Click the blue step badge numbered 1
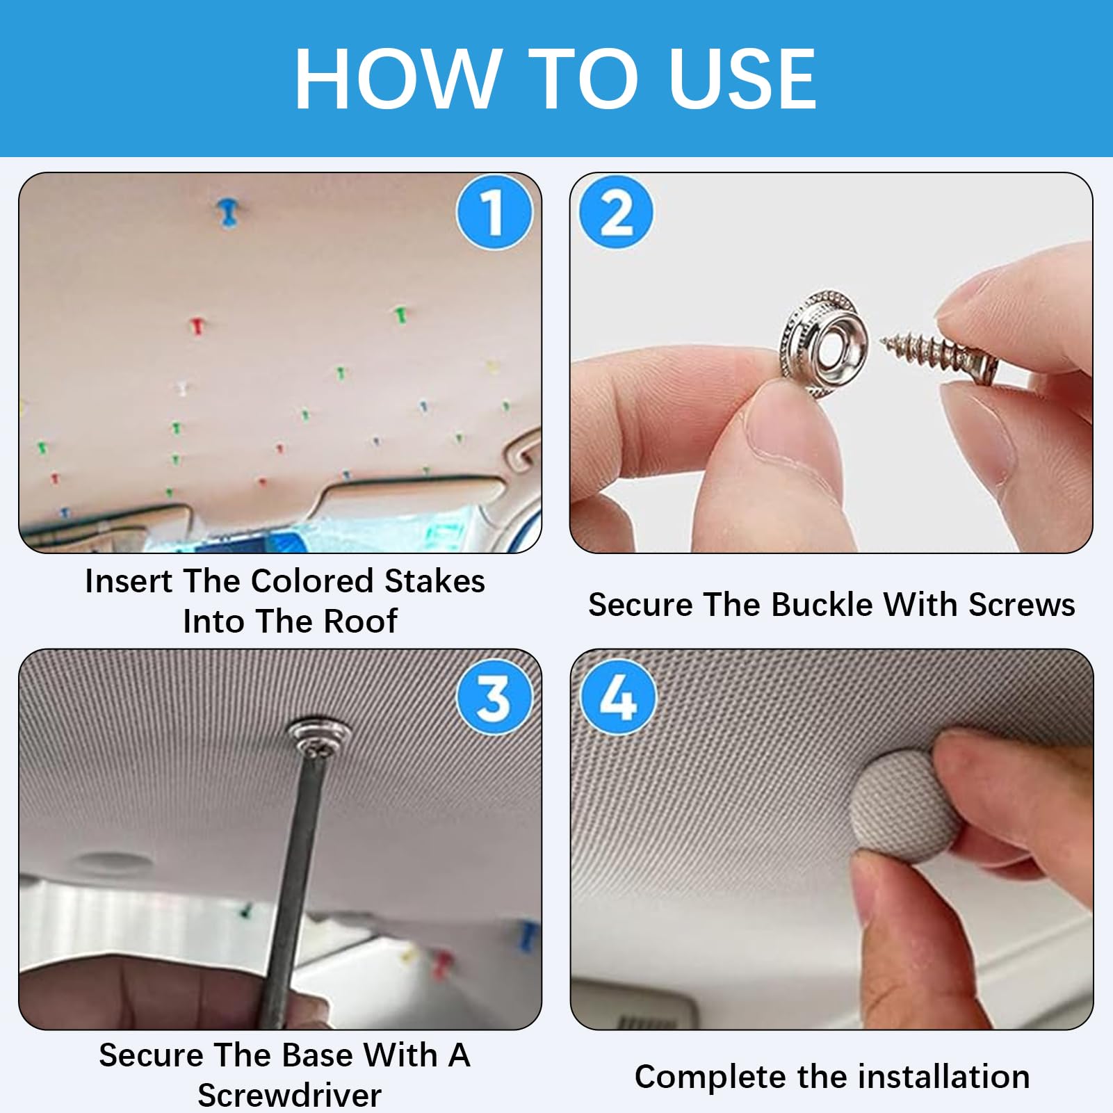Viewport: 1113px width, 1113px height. (x=494, y=212)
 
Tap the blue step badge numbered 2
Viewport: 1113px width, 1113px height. (x=616, y=212)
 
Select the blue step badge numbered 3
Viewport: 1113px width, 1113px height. (x=494, y=697)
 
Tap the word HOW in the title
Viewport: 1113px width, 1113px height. (x=398, y=79)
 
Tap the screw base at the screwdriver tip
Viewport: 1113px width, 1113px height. (x=318, y=739)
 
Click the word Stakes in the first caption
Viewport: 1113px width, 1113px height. (x=434, y=581)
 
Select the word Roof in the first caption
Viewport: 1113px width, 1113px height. (x=361, y=621)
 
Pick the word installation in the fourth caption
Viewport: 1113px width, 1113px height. (x=944, y=1076)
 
